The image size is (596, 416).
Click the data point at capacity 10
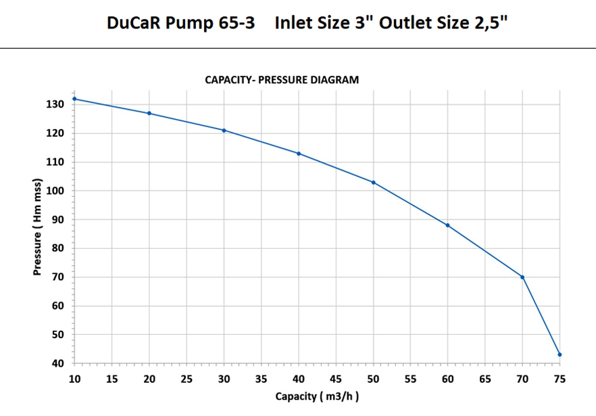74,99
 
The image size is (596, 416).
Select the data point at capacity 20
149,113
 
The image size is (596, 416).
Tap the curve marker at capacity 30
224,131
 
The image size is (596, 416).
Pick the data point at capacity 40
299,154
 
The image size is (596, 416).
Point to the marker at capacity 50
373,182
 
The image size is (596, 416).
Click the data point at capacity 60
447,225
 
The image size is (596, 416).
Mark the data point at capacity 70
522,277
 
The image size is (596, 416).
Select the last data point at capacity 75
560,354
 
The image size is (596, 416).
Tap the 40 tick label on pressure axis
58,363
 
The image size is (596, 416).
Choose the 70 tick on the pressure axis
58,277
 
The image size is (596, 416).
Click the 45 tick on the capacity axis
336,379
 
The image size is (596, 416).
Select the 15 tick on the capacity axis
112,379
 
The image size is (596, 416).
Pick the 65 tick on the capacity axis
485,379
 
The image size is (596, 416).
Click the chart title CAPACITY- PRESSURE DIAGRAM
282,80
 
